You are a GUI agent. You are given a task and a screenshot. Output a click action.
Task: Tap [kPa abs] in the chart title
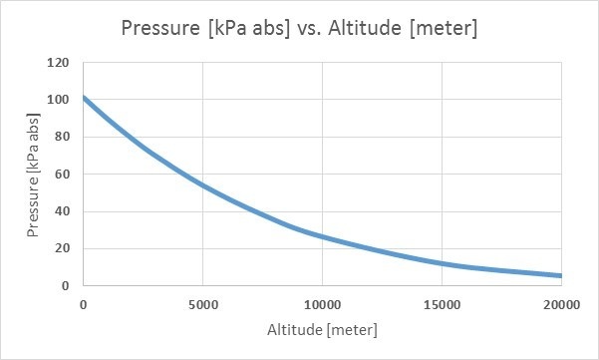256,28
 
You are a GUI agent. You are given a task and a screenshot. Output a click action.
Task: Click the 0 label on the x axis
84,305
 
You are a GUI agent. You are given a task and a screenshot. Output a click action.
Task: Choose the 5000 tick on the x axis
202,305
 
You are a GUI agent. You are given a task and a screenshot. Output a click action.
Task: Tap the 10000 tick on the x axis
322,305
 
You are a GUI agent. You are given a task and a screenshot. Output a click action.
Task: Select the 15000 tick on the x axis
442,305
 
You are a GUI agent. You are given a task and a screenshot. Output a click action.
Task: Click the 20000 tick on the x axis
560,305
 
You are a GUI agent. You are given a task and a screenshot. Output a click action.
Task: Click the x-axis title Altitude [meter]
322,329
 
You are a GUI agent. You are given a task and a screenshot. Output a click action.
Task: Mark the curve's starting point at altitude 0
85,98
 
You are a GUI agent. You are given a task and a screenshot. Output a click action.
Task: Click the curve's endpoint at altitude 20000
560,276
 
